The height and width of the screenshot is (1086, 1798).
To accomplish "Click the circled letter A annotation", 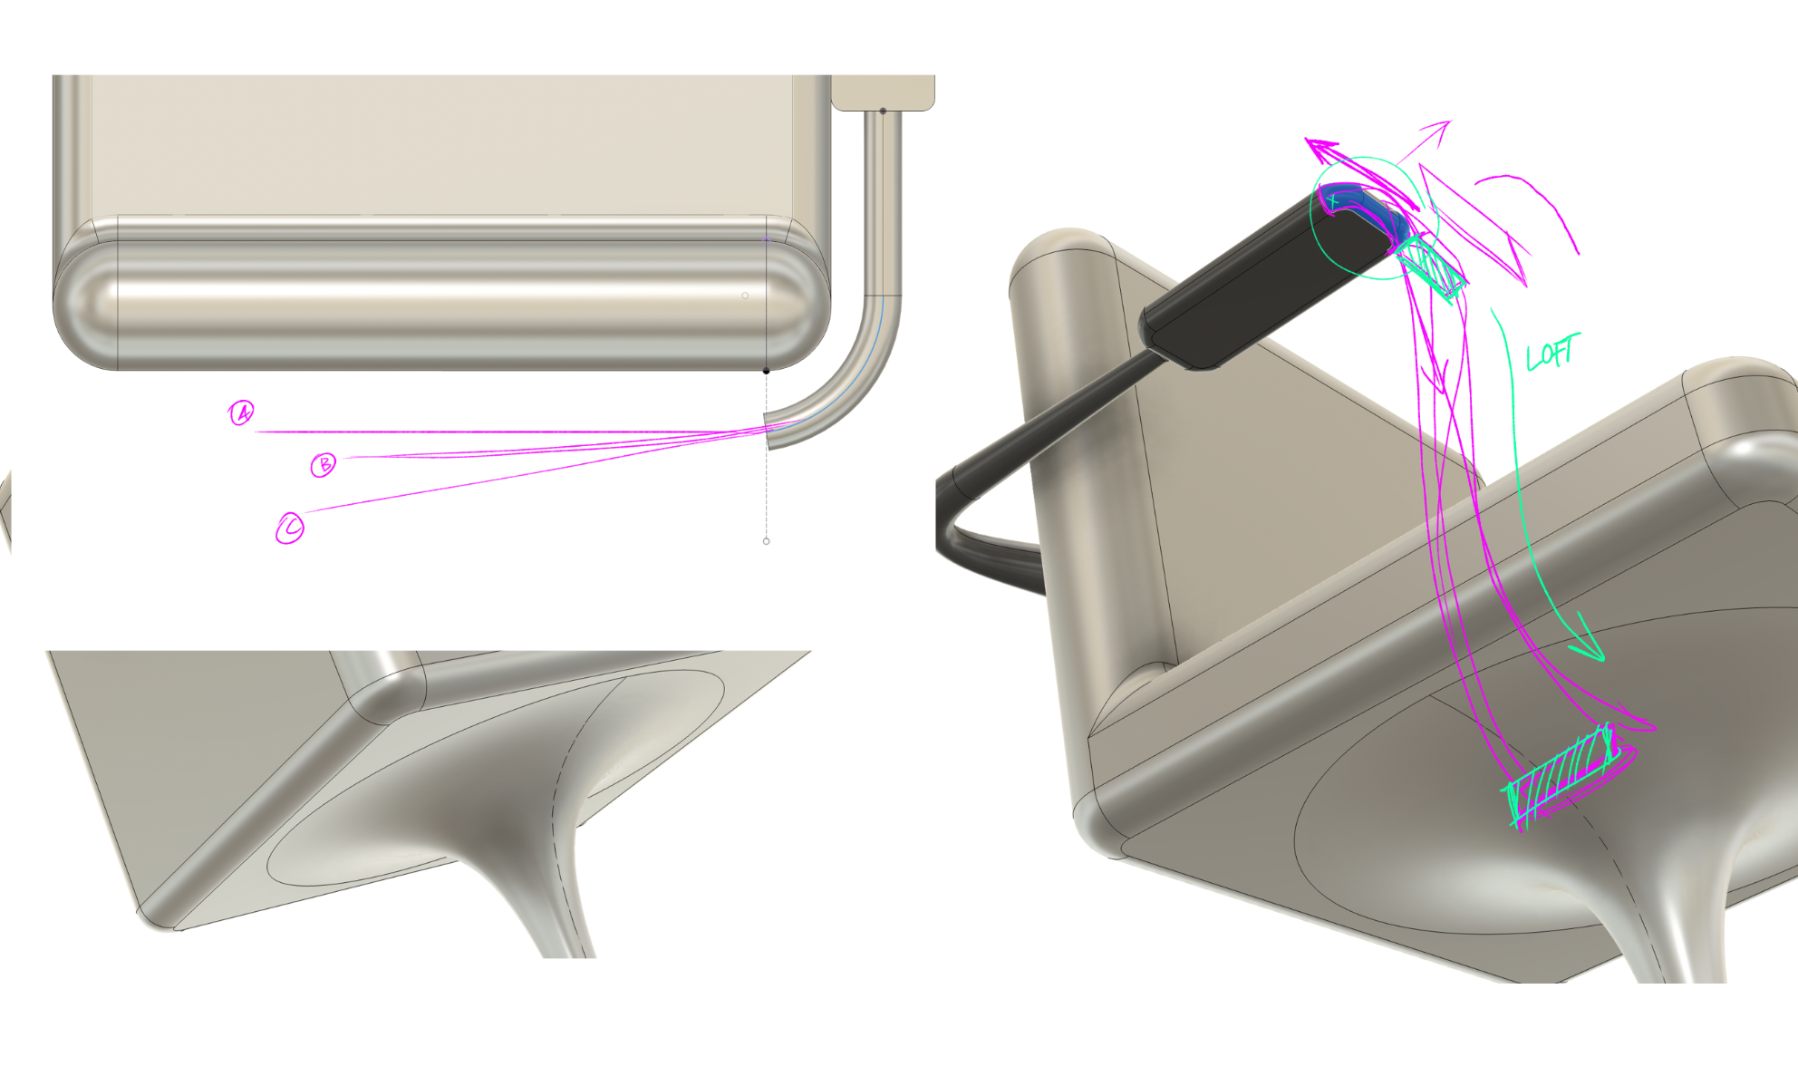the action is pyautogui.click(x=241, y=413).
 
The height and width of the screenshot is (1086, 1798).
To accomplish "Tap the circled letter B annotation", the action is pyautogui.click(x=323, y=465).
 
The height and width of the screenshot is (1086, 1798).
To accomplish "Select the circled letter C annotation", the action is pyautogui.click(x=290, y=528).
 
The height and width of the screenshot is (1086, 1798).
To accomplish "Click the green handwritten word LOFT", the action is pyautogui.click(x=1552, y=352).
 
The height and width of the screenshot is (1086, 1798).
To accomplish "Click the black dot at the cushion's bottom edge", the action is pyautogui.click(x=767, y=371).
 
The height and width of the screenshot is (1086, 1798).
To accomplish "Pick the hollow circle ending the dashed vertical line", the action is pyautogui.click(x=767, y=541).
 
